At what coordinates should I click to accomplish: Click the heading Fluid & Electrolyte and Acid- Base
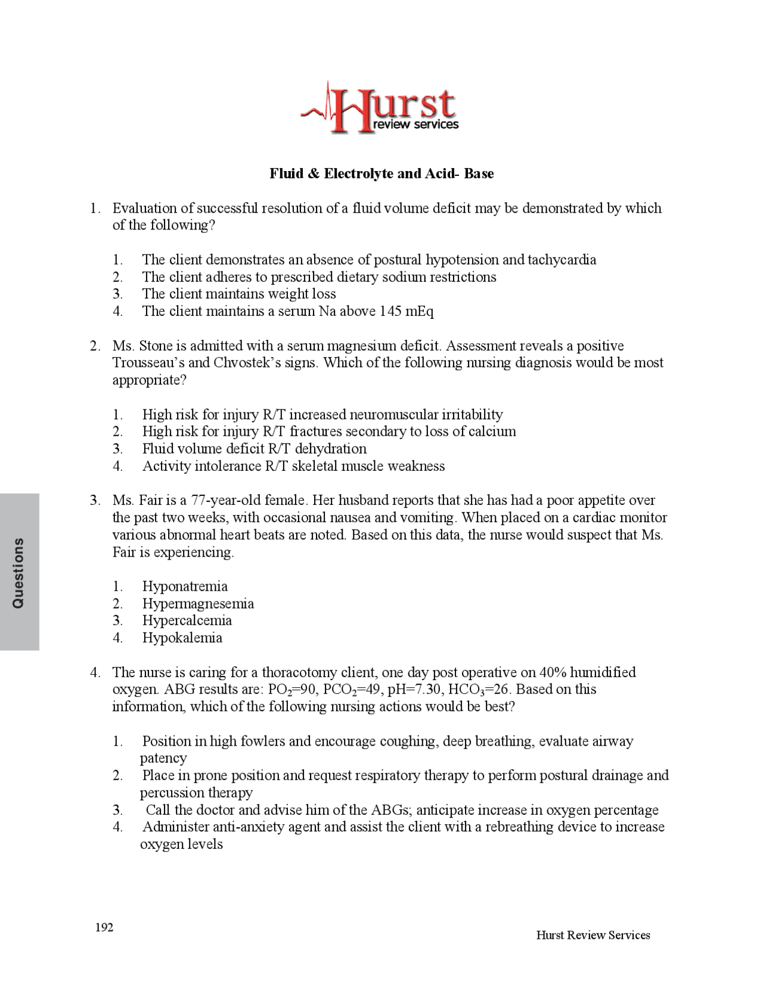point(381,173)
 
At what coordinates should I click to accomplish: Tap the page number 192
point(104,927)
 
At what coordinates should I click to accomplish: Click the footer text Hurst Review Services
point(593,935)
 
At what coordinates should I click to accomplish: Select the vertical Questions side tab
point(19,572)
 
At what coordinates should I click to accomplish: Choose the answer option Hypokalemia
point(182,638)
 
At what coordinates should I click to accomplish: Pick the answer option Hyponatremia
point(185,586)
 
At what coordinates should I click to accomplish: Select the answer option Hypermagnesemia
point(198,604)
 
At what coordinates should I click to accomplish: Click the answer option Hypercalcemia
point(187,620)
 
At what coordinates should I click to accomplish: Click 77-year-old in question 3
point(226,500)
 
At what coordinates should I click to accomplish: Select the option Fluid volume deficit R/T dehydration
point(254,449)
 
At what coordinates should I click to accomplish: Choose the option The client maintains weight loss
point(238,294)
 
